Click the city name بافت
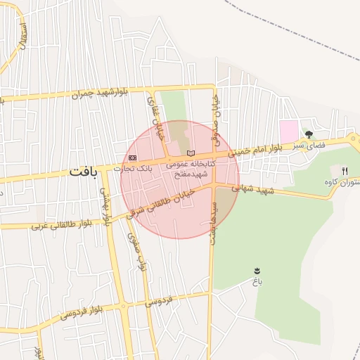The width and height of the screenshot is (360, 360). [84, 172]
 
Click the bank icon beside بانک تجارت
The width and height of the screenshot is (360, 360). [132, 157]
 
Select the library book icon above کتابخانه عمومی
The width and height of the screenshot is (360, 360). [188, 153]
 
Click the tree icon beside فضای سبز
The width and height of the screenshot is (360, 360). [308, 134]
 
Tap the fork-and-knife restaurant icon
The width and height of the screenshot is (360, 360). [345, 171]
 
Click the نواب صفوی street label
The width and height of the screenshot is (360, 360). [137, 253]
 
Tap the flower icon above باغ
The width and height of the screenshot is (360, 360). [257, 271]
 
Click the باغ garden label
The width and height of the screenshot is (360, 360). [257, 281]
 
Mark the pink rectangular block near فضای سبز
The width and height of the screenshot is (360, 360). [289, 130]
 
